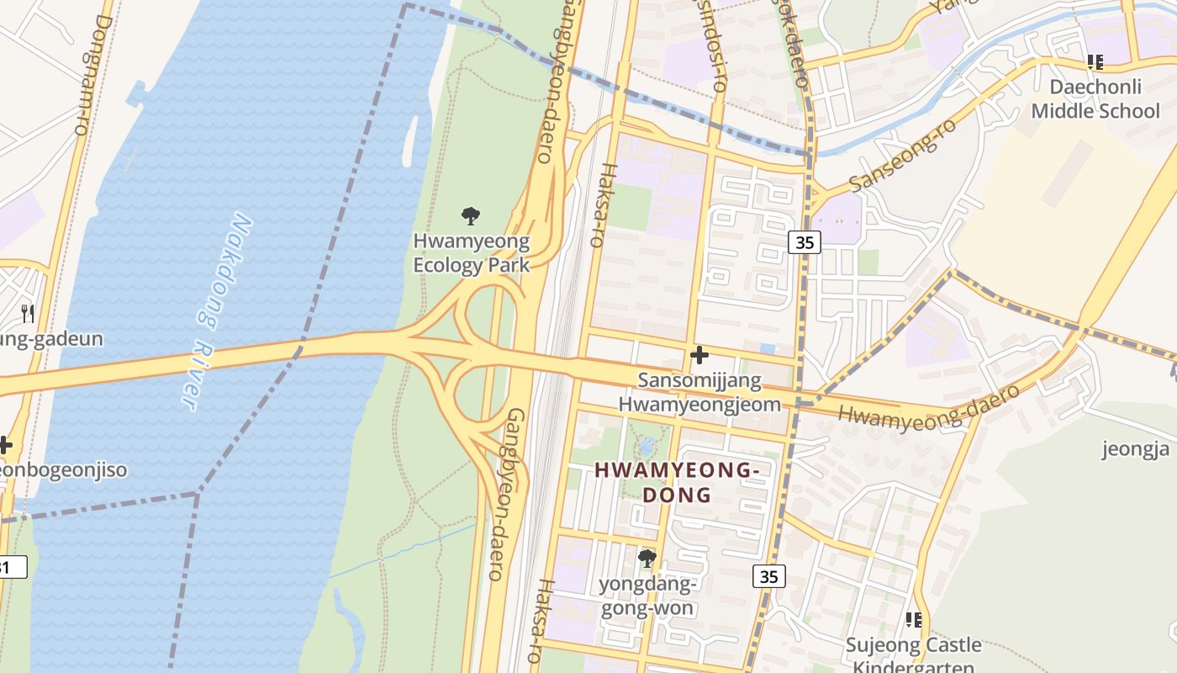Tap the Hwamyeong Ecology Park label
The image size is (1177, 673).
471,253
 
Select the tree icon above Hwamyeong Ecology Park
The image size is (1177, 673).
471,216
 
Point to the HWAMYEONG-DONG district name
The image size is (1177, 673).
677,482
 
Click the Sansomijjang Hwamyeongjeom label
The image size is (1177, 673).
699,392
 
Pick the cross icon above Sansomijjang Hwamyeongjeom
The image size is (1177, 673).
699,355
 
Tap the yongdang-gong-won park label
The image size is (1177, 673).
647,596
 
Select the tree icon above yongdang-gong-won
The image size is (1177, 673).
647,558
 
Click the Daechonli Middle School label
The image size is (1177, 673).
1095,99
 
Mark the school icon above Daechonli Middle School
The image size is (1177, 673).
1095,61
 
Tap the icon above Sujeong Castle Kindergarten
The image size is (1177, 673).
913,620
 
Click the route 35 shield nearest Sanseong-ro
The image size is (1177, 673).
805,242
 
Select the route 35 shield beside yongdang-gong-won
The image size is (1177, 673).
769,576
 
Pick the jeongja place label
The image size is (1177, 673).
1135,448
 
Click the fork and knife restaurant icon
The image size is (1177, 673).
28,314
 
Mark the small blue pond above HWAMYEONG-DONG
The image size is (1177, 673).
647,444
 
